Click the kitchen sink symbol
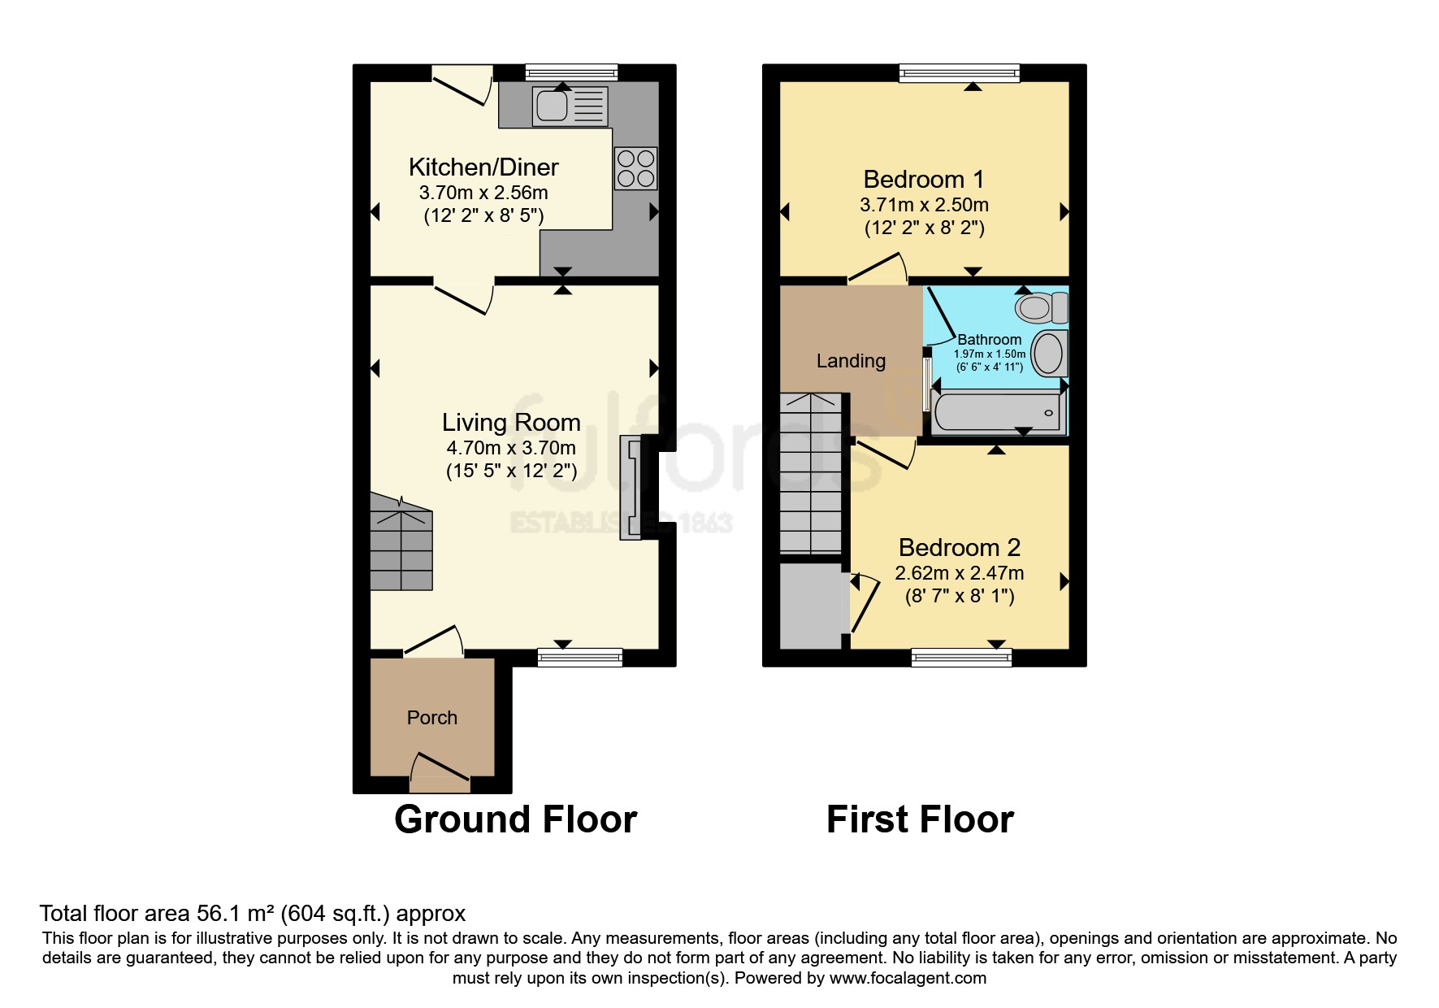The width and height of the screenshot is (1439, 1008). (570, 106)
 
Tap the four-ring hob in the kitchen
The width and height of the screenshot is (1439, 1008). (635, 168)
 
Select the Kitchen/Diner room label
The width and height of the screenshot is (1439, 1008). (483, 167)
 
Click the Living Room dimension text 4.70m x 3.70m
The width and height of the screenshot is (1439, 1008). (511, 448)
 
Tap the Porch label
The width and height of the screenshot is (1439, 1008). (431, 718)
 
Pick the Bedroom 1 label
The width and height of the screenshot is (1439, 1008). (924, 179)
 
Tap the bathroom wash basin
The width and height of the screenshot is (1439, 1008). (1049, 354)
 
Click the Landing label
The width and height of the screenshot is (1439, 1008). (851, 361)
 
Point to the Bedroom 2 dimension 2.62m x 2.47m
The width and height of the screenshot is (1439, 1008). (959, 573)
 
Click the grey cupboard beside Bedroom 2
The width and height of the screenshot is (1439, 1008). (810, 606)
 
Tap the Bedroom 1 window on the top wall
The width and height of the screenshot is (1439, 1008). (959, 74)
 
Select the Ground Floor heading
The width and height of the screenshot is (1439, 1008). (515, 819)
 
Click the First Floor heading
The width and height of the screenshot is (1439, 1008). (920, 819)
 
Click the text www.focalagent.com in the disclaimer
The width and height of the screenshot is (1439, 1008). (908, 978)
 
